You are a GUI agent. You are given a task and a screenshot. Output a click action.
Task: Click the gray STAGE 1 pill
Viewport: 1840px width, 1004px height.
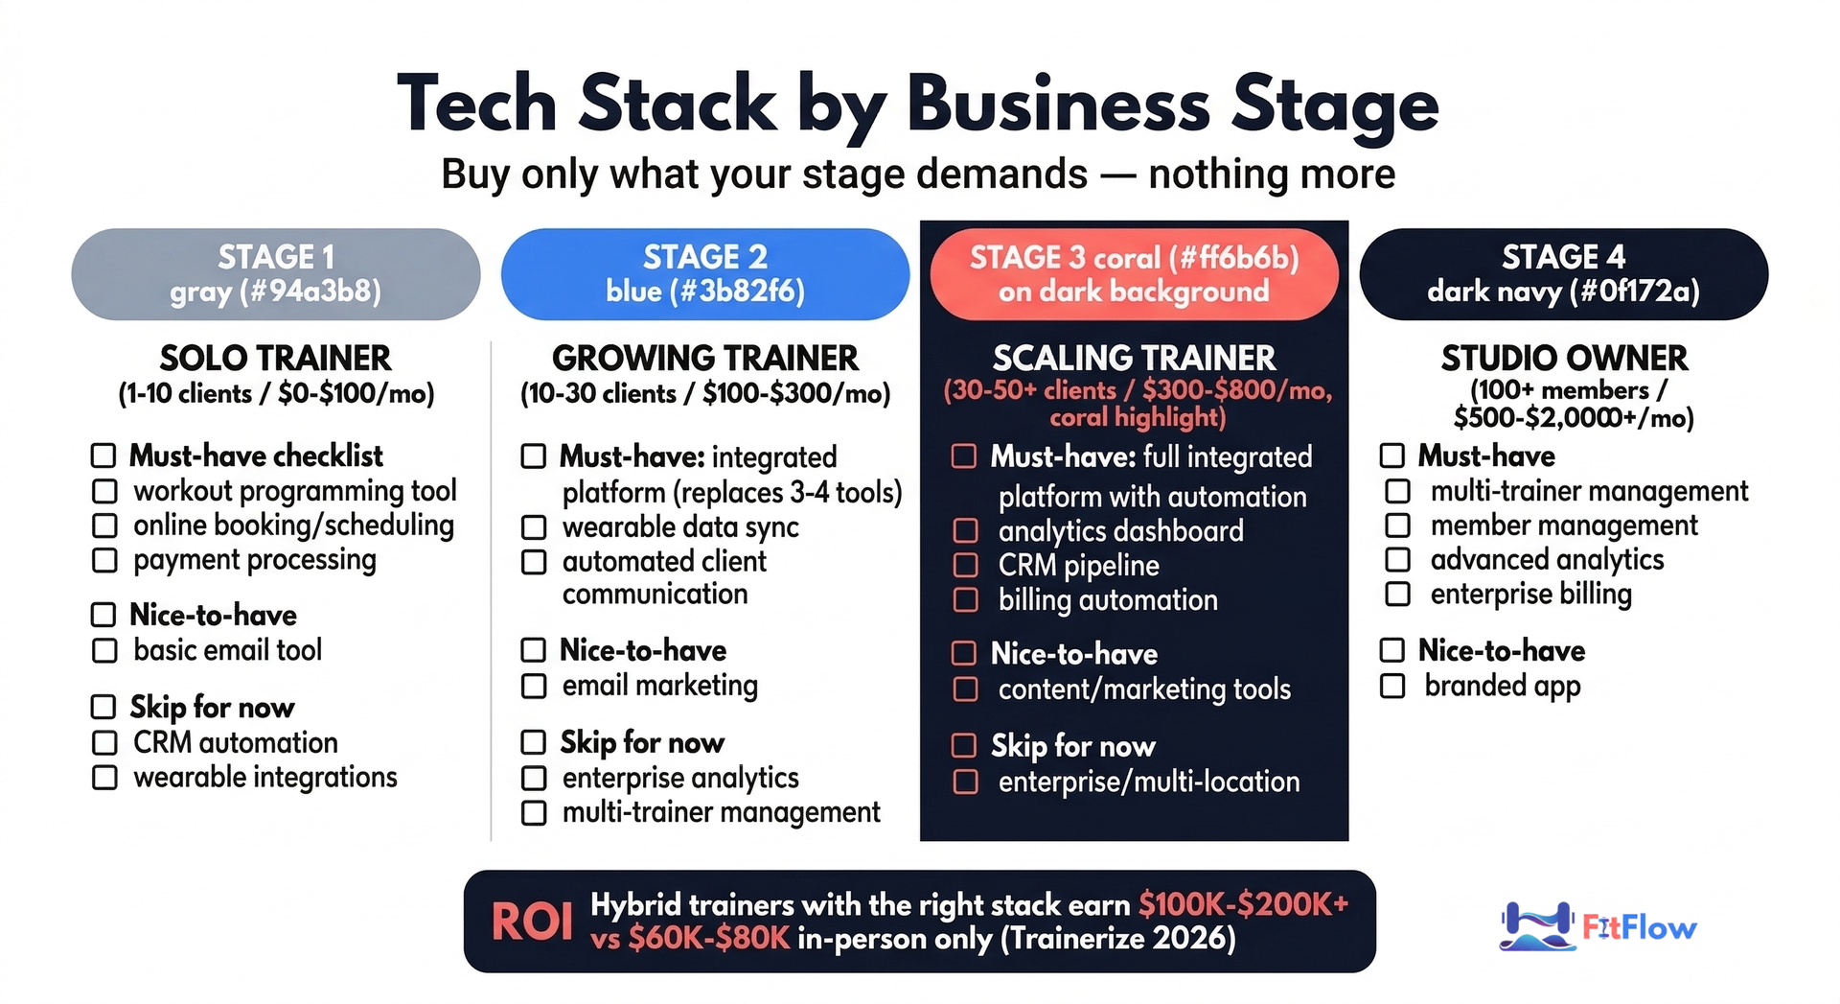[276, 274]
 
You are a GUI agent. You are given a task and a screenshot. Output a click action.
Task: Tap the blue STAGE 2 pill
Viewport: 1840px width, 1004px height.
[705, 274]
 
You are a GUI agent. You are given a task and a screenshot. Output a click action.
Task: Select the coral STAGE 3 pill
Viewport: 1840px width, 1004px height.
[1134, 274]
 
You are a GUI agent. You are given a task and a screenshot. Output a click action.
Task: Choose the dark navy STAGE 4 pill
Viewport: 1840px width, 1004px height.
[1564, 274]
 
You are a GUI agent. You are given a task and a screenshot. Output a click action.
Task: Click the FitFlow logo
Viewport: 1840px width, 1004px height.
[1598, 926]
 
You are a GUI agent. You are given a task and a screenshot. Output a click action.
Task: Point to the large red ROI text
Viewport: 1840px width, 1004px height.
[532, 922]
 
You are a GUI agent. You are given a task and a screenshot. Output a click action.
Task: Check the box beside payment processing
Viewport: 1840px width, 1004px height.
[104, 560]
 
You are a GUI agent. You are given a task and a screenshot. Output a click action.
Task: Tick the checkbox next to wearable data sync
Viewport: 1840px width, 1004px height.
[534, 527]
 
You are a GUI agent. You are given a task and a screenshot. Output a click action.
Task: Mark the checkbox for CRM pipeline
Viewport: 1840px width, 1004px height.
[965, 566]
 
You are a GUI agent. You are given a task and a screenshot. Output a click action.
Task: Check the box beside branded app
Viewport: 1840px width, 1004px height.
[1392, 686]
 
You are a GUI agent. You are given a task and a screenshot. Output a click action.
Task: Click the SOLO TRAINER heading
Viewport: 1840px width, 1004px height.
[276, 359]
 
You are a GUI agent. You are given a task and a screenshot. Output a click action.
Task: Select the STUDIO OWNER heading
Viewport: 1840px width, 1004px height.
[1564, 359]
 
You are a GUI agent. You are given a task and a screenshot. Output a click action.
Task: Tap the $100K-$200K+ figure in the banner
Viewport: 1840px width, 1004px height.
[1243, 904]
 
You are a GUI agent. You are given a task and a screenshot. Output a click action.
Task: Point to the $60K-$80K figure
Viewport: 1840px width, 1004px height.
[709, 938]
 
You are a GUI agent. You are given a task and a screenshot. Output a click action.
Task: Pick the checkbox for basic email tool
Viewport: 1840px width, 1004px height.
[104, 651]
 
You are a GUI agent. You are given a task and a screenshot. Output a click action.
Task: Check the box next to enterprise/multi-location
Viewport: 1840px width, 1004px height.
[965, 782]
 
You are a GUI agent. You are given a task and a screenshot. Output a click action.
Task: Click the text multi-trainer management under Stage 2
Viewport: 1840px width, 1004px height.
[721, 813]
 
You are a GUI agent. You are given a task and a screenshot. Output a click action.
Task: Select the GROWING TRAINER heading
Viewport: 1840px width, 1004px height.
[705, 359]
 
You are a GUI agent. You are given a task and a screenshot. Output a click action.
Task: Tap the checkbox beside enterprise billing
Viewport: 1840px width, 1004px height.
[1398, 595]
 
